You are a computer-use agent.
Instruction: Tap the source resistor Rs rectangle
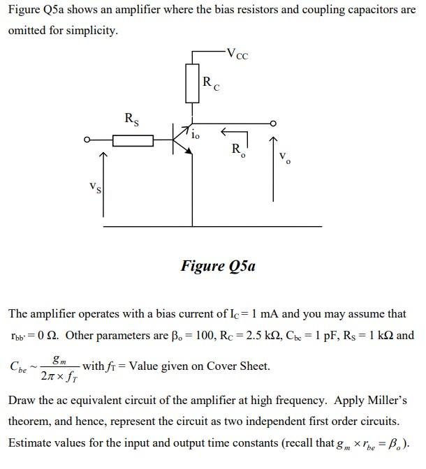tap(133, 141)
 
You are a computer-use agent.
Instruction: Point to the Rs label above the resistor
tap(131, 119)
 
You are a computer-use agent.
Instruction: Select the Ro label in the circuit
tap(238, 149)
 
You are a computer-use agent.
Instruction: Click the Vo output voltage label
tap(284, 158)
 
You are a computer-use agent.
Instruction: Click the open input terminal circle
tap(87, 140)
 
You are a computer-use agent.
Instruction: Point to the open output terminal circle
tap(274, 124)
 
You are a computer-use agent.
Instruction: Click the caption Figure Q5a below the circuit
tap(218, 266)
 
